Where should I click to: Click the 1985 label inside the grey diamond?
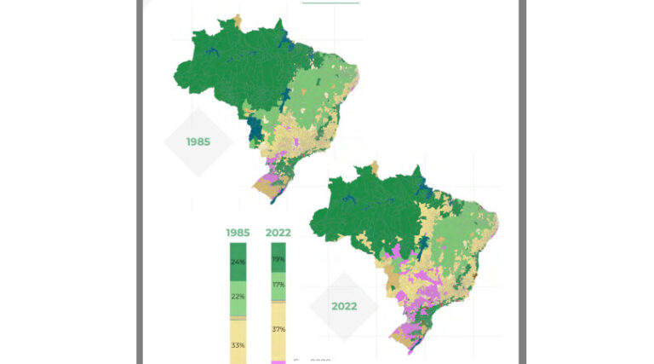(x=198, y=142)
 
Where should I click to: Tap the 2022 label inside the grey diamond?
(x=343, y=306)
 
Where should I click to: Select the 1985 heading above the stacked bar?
(x=238, y=232)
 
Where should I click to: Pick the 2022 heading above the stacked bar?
(x=278, y=232)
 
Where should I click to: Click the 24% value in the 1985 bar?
(x=238, y=262)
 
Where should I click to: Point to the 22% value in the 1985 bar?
(x=238, y=296)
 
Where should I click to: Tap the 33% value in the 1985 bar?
(x=238, y=345)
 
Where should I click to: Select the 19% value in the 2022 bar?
(x=278, y=258)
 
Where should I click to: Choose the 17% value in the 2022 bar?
(x=278, y=285)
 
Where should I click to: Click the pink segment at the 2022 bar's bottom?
(x=278, y=361)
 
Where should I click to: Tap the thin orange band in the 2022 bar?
(x=278, y=303)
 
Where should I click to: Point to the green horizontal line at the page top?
(x=330, y=2)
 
